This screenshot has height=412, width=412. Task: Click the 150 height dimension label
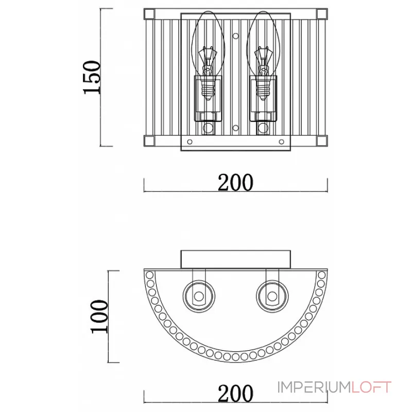click(92, 77)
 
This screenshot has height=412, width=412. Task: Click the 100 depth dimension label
click(99, 317)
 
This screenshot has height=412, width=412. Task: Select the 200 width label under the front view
click(235, 182)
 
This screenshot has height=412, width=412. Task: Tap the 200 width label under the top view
click(235, 393)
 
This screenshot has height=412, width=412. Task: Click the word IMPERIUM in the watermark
click(314, 387)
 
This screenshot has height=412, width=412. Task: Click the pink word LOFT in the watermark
click(371, 387)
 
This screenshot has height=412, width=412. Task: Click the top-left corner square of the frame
click(149, 14)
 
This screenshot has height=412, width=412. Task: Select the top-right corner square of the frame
click(322, 14)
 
